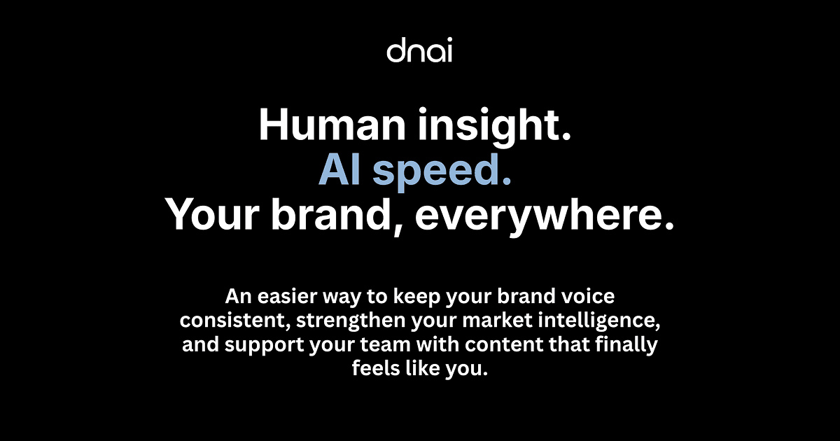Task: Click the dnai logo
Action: coord(419,50)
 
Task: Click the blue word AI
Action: coord(340,169)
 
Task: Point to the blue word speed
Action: coord(442,171)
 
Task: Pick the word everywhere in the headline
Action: coord(545,217)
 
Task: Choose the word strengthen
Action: coord(351,322)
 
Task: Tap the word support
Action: coord(265,346)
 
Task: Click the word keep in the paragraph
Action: coord(416,297)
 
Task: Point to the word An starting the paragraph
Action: coord(238,296)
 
